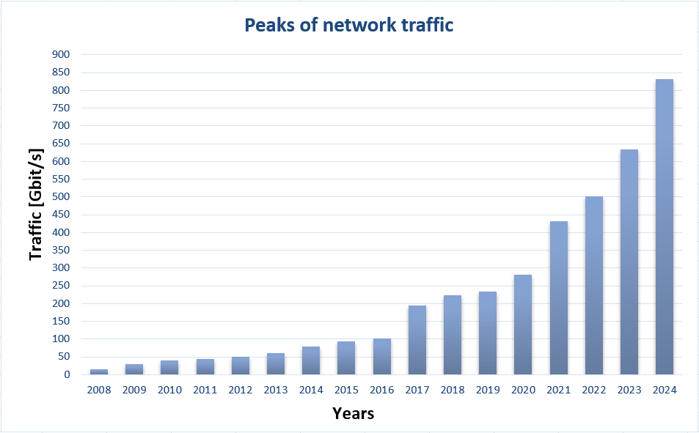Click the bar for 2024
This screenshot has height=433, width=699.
click(x=664, y=227)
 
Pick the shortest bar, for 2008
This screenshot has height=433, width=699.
click(x=99, y=371)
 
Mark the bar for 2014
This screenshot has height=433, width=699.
click(x=311, y=360)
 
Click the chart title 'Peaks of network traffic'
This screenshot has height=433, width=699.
click(x=349, y=26)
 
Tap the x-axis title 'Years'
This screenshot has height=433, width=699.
click(x=353, y=414)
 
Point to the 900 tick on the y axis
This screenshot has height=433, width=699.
click(x=61, y=55)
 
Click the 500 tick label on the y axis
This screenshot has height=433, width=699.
click(x=61, y=197)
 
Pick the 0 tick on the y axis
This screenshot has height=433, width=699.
click(x=66, y=375)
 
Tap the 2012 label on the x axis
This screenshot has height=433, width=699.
click(x=240, y=390)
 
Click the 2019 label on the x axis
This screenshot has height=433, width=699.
click(x=487, y=390)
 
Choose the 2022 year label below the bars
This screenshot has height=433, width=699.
click(x=593, y=390)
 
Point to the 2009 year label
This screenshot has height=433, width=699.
click(x=134, y=390)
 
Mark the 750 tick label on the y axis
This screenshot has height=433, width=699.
click(x=61, y=108)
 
